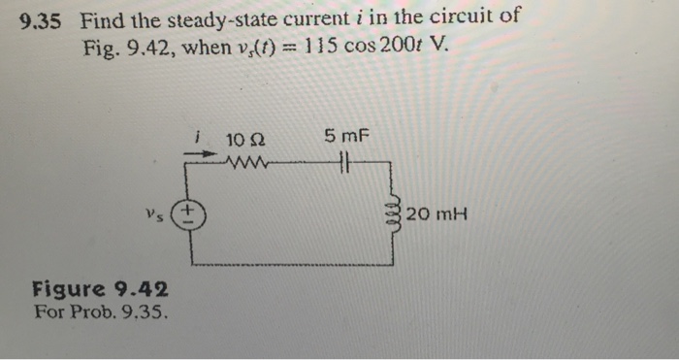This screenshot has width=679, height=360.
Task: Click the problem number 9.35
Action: (42, 18)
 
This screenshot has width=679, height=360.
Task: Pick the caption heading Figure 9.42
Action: (100, 289)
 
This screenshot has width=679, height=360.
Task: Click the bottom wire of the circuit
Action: (291, 264)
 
